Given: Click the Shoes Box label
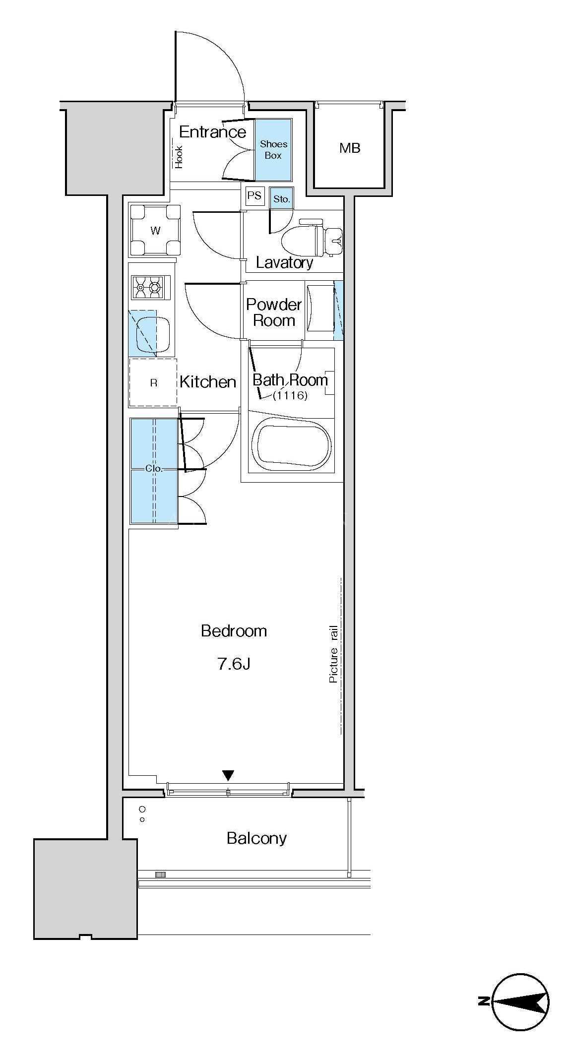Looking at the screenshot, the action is [x=273, y=149].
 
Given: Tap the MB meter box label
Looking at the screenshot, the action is [x=350, y=147].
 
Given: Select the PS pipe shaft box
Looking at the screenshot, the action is [x=254, y=195].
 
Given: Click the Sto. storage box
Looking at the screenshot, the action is [x=282, y=198].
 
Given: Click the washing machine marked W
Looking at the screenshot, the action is [x=155, y=230].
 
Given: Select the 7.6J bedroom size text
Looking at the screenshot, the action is [x=234, y=664].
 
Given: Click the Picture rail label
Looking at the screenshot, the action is [x=333, y=654].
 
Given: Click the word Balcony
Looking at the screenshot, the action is [x=256, y=838].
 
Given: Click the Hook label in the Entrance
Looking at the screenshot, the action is [x=179, y=157].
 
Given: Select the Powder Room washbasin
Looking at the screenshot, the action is [x=320, y=308].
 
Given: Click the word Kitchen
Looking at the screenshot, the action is [x=207, y=382].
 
